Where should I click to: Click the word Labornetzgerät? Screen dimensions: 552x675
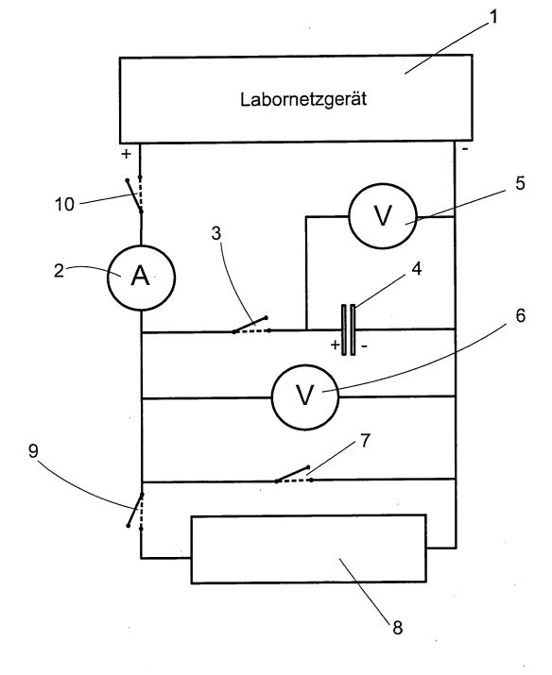tap(303, 99)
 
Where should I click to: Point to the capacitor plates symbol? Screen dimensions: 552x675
tap(349, 330)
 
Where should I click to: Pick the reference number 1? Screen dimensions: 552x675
tap(493, 17)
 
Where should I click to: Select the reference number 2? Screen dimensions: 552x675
tap(59, 271)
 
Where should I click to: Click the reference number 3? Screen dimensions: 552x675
tap(216, 233)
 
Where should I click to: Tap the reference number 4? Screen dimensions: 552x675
tap(416, 269)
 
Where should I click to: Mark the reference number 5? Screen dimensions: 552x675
tap(520, 183)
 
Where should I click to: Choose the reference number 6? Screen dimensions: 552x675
tap(521, 315)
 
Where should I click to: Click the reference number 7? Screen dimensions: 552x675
tap(365, 441)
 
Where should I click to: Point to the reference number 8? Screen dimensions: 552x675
tap(397, 628)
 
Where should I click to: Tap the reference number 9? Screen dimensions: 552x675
tap(33, 451)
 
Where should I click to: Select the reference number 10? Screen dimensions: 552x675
tap(64, 204)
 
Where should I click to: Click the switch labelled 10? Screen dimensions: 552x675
tap(134, 194)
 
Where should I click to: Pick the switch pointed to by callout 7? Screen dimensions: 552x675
tap(293, 474)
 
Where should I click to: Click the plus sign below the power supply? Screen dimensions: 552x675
tap(126, 154)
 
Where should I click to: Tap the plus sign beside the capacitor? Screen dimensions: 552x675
tap(335, 345)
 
